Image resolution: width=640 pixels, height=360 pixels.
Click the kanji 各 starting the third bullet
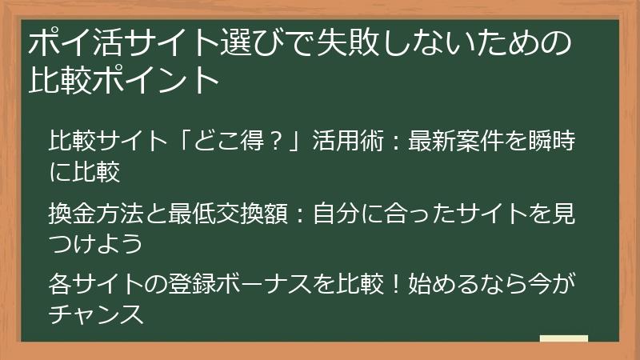coord(61,285)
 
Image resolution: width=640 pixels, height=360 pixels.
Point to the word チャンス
coord(95,313)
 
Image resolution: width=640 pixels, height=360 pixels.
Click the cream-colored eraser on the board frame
coord(564,339)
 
